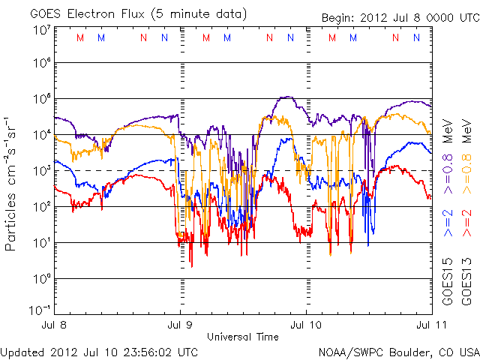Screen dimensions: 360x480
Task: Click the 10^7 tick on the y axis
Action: click(40, 30)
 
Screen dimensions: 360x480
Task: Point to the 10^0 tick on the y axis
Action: click(40, 279)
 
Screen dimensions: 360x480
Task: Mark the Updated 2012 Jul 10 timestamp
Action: click(100, 351)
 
